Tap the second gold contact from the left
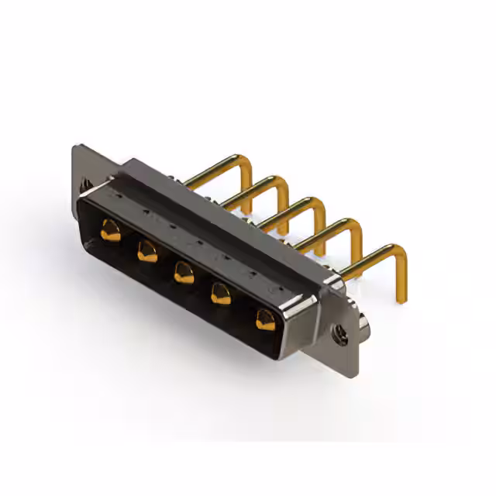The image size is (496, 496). (147, 250)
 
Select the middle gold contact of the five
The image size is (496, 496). (184, 272)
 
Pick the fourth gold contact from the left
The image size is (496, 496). (222, 293)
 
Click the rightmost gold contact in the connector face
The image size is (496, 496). (265, 318)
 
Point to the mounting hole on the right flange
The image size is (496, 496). (339, 336)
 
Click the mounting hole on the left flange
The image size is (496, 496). (85, 186)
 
